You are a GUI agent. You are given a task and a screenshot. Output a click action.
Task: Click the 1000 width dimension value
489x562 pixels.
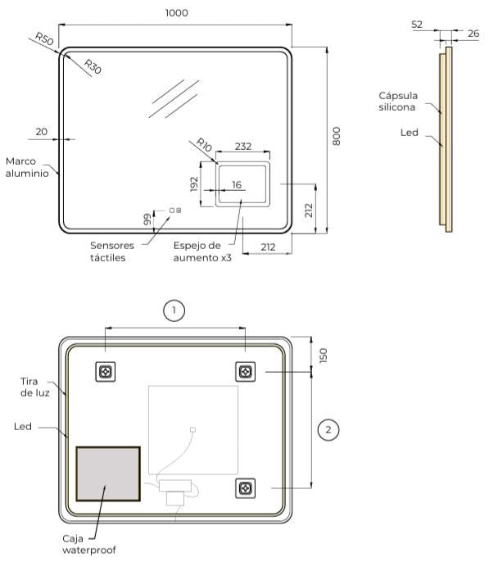click(177, 13)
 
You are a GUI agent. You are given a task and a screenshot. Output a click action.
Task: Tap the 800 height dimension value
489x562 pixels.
click(337, 136)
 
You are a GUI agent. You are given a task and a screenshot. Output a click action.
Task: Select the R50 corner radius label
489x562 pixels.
click(44, 39)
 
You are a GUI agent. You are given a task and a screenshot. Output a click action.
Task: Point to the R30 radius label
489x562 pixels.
click(93, 66)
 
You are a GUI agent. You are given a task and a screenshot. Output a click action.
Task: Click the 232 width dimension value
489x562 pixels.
click(243, 146)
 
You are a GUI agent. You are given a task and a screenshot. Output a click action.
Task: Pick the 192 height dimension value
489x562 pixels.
click(194, 184)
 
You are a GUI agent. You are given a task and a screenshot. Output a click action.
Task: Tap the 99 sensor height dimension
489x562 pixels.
click(147, 220)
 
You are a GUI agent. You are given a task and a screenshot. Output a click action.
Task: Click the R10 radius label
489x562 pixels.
click(204, 145)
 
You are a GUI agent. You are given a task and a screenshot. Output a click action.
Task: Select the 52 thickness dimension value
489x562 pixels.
click(417, 25)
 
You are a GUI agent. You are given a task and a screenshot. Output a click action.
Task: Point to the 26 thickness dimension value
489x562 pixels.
click(473, 34)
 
